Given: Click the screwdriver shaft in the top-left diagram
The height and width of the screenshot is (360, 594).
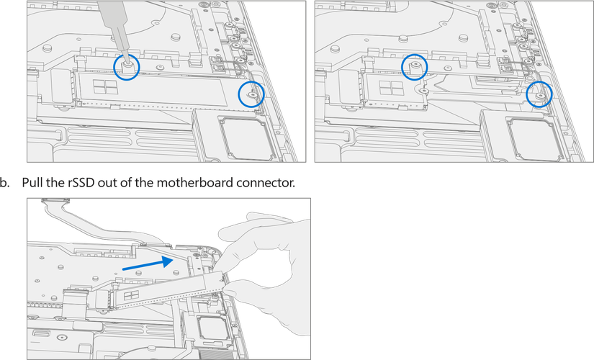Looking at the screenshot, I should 114,25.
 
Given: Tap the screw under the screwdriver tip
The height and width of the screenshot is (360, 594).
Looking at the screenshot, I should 127,66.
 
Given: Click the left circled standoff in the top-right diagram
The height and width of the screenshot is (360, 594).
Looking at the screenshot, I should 415,66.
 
